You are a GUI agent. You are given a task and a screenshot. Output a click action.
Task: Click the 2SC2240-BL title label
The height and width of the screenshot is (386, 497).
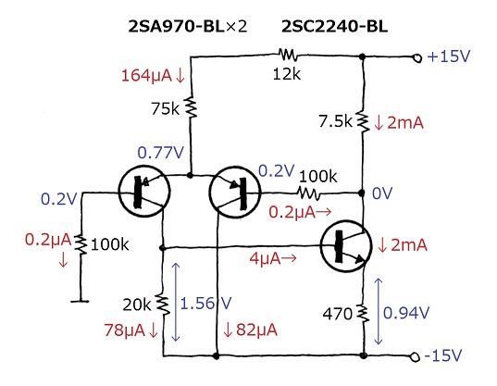[334, 26]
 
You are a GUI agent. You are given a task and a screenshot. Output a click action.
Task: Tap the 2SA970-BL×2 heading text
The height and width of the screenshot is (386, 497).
[187, 26]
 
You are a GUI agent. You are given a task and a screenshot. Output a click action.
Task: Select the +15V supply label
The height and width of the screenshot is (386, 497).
[449, 56]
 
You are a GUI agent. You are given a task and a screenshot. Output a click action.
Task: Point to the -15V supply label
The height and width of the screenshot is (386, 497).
[442, 355]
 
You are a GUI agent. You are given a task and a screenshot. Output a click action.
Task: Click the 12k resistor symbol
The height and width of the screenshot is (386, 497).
[288, 55]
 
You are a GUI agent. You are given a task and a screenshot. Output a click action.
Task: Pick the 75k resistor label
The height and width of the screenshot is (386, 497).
[165, 108]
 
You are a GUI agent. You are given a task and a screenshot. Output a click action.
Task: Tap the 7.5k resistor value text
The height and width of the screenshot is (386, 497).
[335, 121]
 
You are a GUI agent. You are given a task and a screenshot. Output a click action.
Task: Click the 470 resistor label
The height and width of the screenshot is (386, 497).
[338, 314]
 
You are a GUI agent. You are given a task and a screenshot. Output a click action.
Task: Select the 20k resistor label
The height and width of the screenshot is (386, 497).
[137, 305]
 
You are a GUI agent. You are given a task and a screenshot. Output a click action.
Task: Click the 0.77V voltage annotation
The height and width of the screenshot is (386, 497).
[160, 153]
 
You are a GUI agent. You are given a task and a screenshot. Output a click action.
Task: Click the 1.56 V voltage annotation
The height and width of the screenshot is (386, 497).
[205, 304]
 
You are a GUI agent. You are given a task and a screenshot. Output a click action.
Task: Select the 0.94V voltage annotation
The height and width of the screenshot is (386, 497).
[406, 313]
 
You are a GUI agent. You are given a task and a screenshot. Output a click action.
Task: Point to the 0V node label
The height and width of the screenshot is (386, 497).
[382, 193]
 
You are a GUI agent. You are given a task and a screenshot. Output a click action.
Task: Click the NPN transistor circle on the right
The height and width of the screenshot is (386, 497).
[346, 246]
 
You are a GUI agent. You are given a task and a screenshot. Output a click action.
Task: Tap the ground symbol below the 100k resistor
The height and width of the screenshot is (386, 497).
[80, 301]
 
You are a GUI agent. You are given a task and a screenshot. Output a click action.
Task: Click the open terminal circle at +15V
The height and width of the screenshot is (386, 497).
[417, 58]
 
